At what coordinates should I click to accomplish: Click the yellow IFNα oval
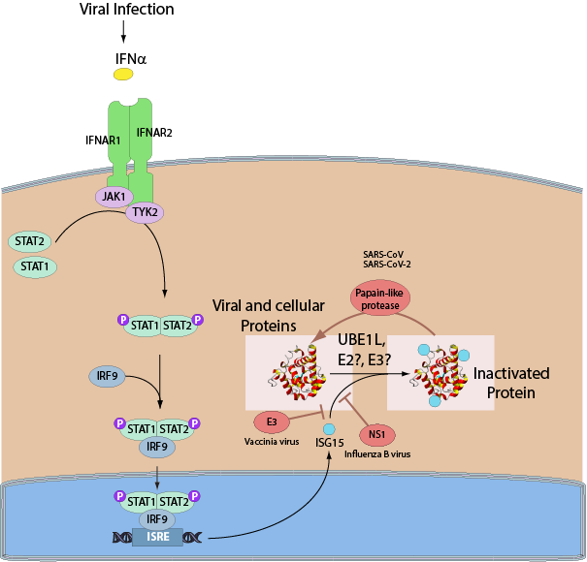pyautogui.click(x=124, y=75)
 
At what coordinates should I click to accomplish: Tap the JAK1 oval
pyautogui.click(x=114, y=196)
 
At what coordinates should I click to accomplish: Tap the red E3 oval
pyautogui.click(x=273, y=421)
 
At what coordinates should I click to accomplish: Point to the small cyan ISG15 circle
pyautogui.click(x=330, y=429)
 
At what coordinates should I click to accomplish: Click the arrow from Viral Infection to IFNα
pyautogui.click(x=123, y=35)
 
